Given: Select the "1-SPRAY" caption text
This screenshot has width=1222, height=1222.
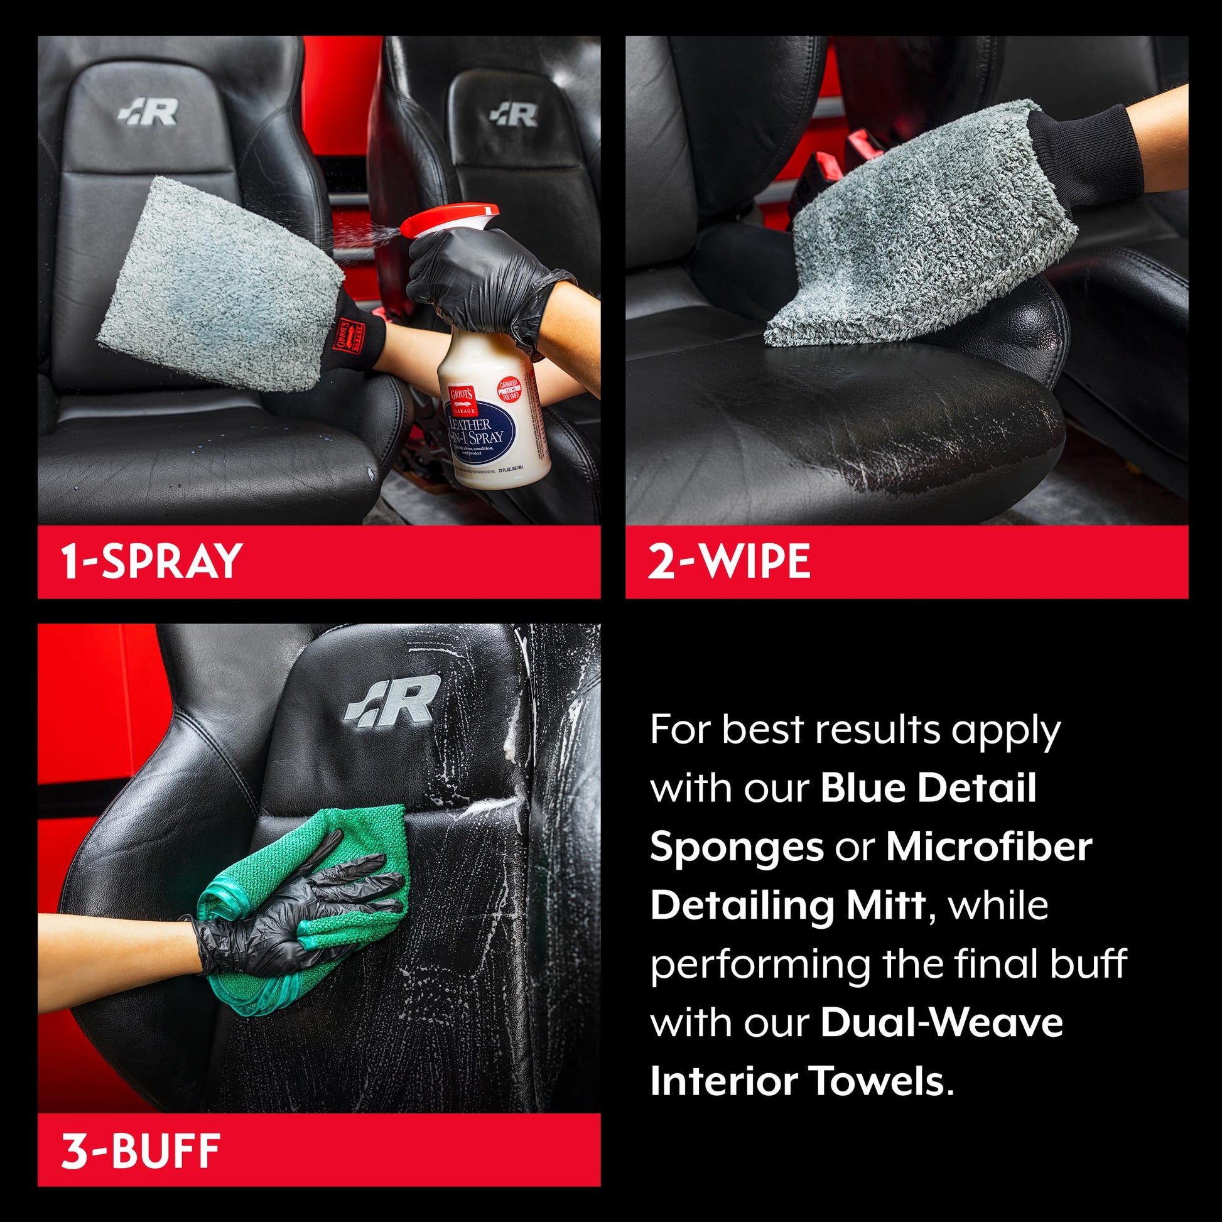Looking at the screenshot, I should [x=152, y=560].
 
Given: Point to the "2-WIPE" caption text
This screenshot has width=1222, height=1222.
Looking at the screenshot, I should [x=728, y=560].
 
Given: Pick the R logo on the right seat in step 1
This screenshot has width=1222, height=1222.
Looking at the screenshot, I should [x=514, y=114].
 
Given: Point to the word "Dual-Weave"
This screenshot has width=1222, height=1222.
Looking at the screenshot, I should [x=941, y=1023].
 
